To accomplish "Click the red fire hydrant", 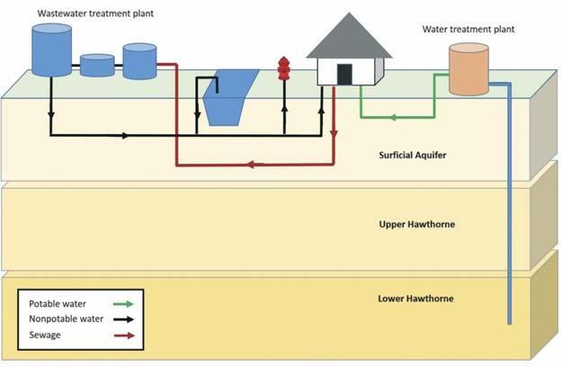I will pos(284,69).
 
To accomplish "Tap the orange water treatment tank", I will pos(469,70).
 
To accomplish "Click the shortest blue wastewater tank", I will pos(97,66).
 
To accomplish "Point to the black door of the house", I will pos(344,75).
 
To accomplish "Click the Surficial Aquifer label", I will pos(413,155).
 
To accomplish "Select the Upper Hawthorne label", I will pos(416,223).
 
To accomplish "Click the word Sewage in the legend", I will pos(46,334).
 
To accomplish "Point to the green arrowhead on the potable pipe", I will pos(393,116).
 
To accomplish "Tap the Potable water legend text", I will pos(58,303).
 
